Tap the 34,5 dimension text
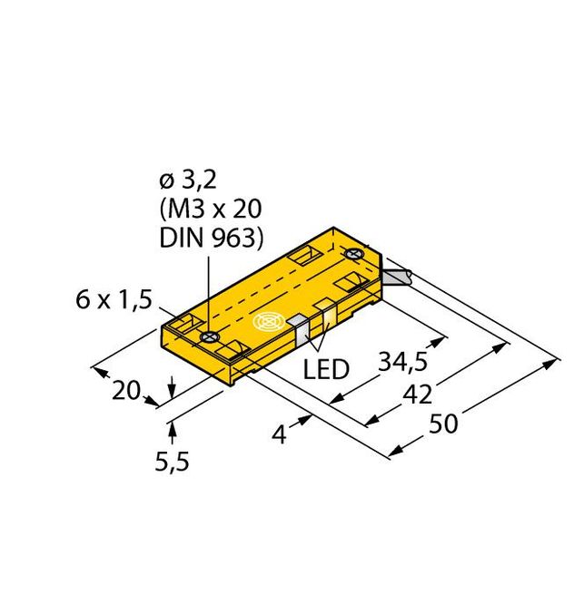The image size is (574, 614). [402, 364]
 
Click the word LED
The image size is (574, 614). [323, 370]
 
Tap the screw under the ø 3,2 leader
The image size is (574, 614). [209, 336]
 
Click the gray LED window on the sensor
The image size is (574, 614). [299, 330]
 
